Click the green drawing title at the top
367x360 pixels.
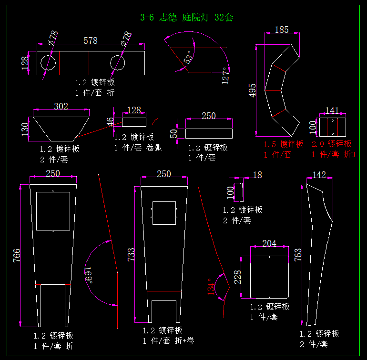pos(186,17)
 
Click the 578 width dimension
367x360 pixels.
pos(91,40)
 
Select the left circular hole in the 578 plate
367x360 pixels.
pos(48,63)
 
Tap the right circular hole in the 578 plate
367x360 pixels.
pos(118,63)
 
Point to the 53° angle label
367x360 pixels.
pos(188,57)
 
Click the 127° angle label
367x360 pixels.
pos(225,76)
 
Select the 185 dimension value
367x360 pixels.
pos(282,30)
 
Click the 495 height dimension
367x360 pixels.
pos(252,90)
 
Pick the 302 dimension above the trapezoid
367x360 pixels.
pos(61,106)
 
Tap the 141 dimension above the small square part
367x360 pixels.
pos(332,110)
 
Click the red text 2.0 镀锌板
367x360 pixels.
pos(331,144)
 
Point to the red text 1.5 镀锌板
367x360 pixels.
pos(284,144)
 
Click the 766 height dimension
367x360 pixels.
pos(17,255)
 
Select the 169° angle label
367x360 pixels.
pos(88,275)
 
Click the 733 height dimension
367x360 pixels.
pos(131,254)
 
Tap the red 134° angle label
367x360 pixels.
pos(211,287)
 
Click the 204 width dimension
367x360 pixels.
pos(269,243)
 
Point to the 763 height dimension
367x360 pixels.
pos(298,255)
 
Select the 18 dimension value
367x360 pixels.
pos(257,175)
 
